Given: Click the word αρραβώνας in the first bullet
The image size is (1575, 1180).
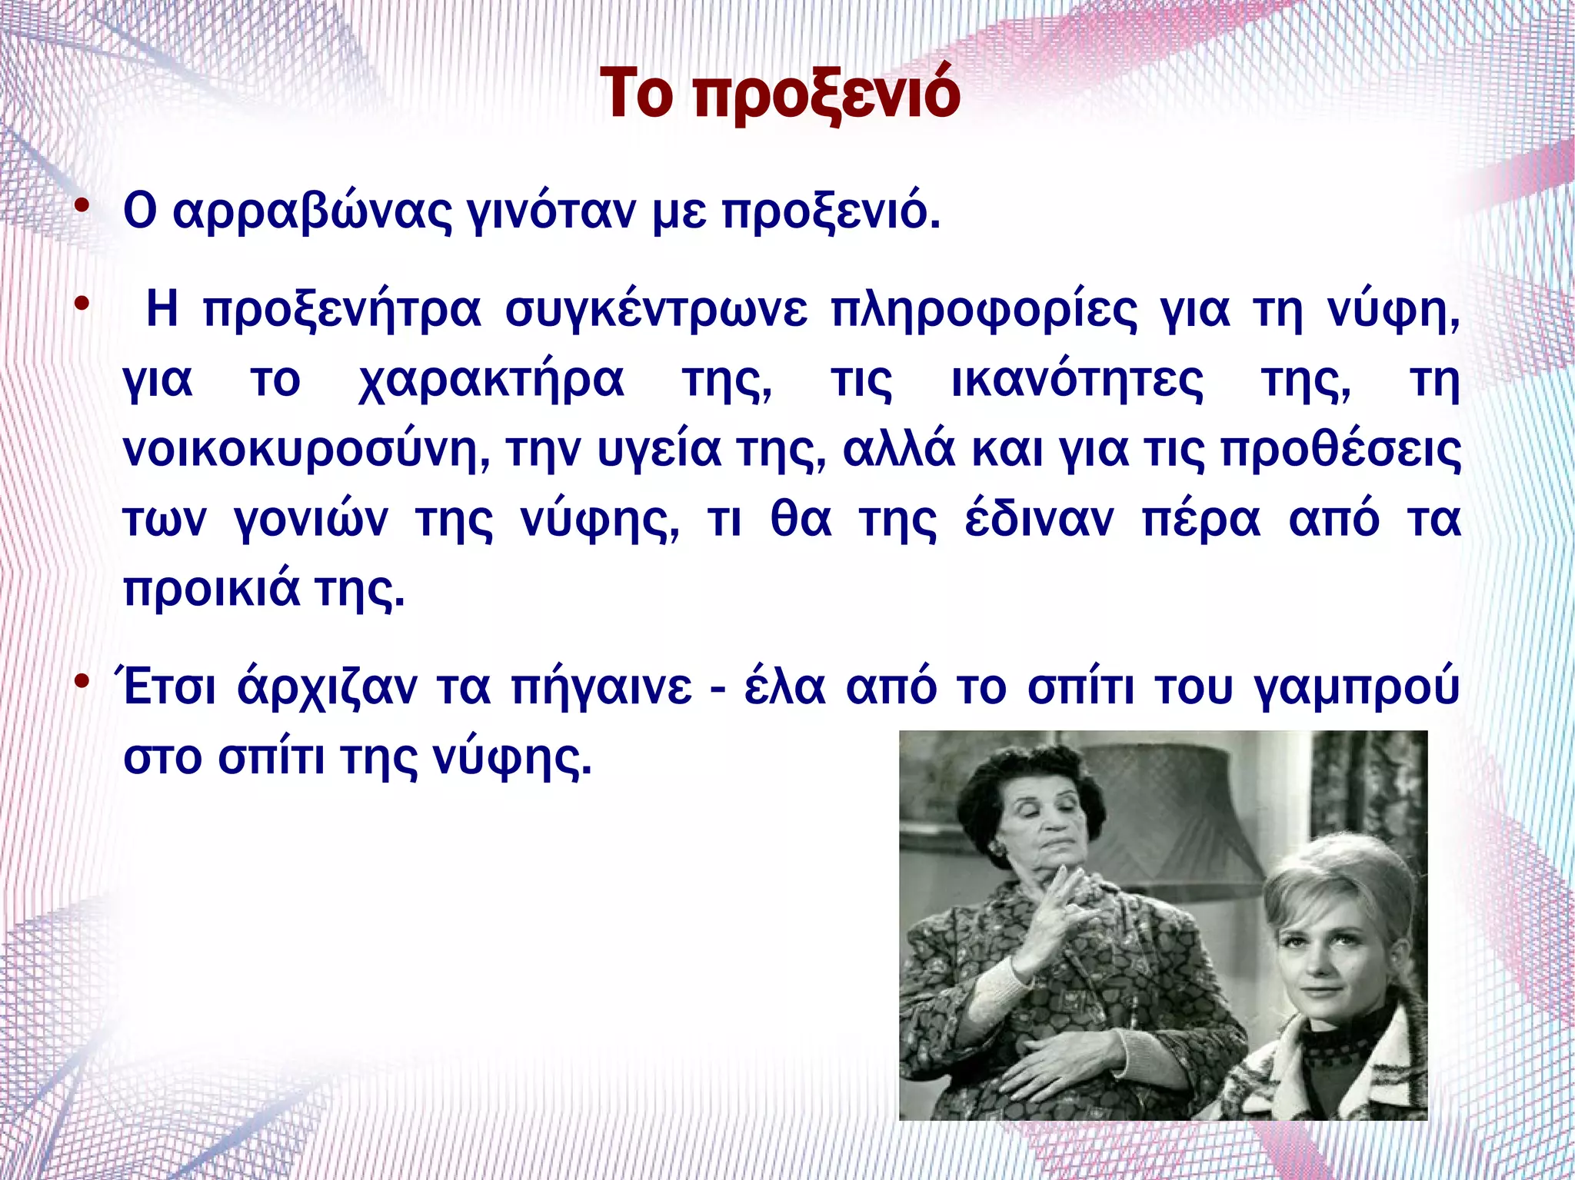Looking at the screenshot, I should point(312,211).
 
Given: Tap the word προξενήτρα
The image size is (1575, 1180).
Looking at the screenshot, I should point(341,311).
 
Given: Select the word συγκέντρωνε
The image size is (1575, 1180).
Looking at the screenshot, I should point(655,311).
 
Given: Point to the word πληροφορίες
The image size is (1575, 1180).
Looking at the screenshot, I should point(983,311).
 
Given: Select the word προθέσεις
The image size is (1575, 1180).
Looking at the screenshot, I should point(1340,450).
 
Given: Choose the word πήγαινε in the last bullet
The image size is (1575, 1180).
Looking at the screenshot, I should point(601,687).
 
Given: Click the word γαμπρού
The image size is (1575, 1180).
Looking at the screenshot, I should point(1357,687).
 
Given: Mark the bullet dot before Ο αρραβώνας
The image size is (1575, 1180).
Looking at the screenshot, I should point(82,207).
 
